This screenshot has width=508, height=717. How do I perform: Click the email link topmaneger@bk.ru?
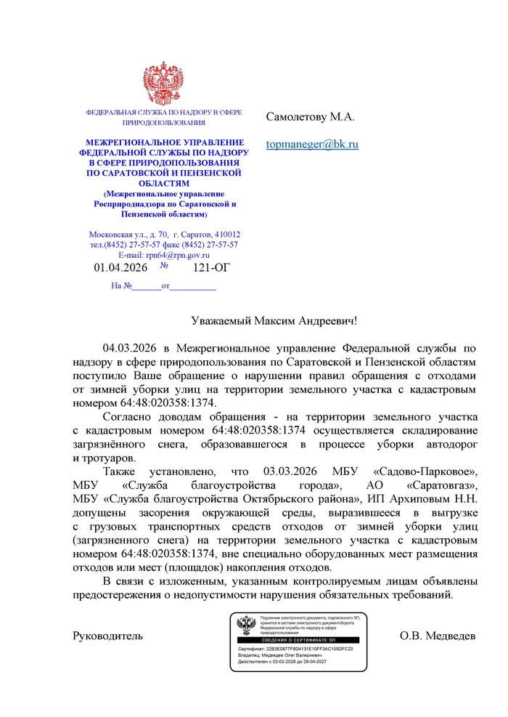click(312, 145)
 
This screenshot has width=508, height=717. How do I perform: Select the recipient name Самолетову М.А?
click(310, 116)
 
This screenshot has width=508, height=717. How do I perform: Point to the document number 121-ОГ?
click(210, 268)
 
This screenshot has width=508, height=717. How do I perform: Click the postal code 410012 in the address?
click(227, 235)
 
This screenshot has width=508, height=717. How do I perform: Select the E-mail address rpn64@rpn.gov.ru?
click(177, 255)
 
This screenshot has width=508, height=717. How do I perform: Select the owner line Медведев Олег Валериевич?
click(284, 655)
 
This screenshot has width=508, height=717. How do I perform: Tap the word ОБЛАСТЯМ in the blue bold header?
click(163, 184)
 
